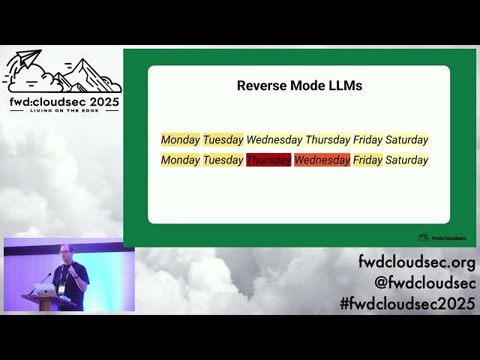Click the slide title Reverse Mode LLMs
299,85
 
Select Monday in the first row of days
181,139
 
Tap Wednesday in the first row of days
274,139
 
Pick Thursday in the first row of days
328,139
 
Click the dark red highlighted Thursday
268,160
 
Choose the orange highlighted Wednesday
322,160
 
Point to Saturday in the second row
406,160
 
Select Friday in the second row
367,160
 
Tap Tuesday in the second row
223,160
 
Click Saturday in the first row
406,139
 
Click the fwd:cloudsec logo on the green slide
442,238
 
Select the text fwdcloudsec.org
416,263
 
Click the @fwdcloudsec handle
424,283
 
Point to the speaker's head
64,253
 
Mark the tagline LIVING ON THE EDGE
63,109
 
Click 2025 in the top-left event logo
100,100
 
